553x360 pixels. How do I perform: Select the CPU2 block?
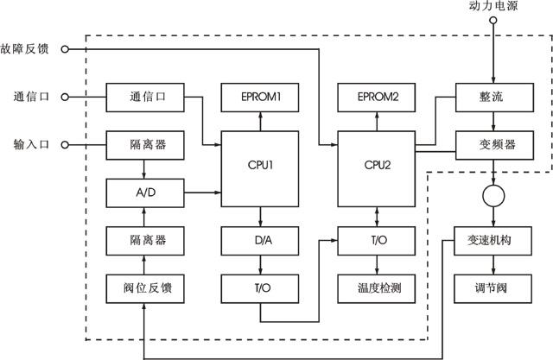point(375,165)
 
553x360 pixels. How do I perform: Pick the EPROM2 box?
point(375,96)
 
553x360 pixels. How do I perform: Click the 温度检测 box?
point(375,287)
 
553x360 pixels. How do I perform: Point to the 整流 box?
point(491,96)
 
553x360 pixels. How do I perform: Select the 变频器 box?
point(491,144)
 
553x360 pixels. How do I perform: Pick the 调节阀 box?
point(491,287)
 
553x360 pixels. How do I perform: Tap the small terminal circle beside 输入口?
point(66,144)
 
